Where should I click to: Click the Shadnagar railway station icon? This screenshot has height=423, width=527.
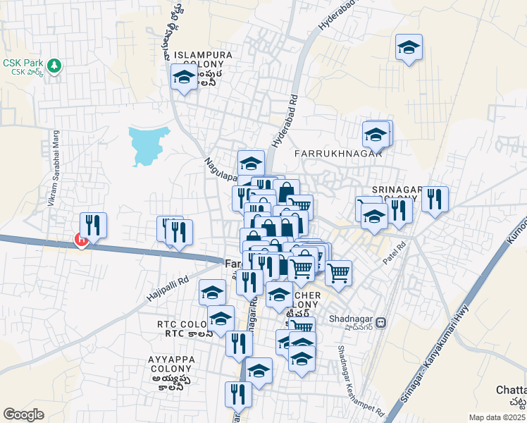(x=381, y=322)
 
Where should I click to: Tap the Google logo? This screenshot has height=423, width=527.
(x=23, y=415)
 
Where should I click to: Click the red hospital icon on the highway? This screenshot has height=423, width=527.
(x=81, y=240)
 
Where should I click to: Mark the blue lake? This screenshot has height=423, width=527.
(x=149, y=145)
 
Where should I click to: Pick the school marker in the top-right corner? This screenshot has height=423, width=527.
(x=409, y=48)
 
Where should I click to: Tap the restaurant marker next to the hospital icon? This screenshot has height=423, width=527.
(x=94, y=225)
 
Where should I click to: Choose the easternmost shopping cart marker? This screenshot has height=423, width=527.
(x=339, y=272)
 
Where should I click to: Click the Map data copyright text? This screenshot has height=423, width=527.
(x=497, y=417)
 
